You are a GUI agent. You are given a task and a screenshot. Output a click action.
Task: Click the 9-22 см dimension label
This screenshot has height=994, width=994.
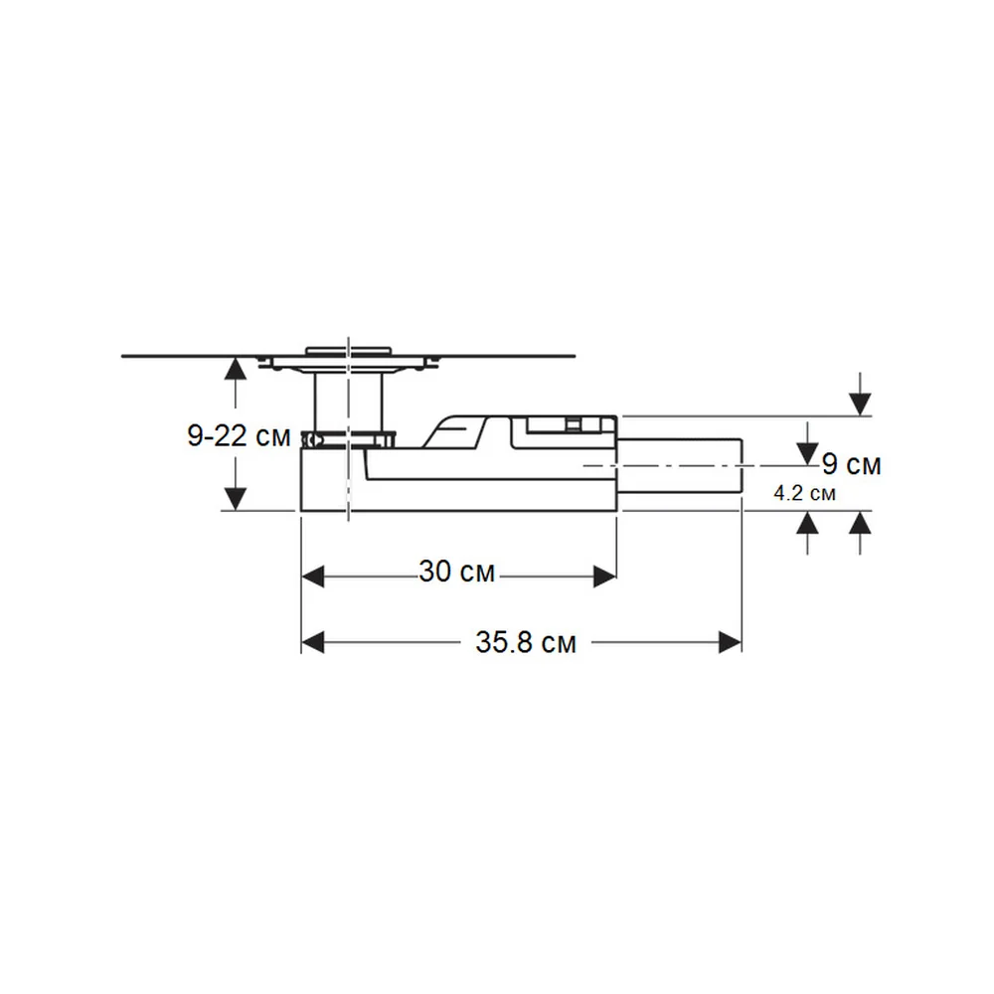tap(239, 436)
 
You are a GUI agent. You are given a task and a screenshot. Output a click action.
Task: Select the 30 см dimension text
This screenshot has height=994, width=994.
tap(456, 572)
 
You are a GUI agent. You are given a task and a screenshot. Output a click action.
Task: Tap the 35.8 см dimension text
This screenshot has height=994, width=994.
tap(526, 643)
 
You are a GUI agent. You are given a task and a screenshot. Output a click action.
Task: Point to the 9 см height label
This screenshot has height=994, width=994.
tap(852, 464)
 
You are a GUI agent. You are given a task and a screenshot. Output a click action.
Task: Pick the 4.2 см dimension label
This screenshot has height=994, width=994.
tap(804, 493)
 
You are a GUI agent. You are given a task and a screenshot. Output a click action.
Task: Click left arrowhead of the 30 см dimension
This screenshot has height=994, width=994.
tap(313, 577)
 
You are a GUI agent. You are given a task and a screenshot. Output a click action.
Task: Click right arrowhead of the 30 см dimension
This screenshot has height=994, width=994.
tap(604, 577)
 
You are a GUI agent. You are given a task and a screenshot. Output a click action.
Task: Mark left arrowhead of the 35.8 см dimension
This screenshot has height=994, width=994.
tap(313, 643)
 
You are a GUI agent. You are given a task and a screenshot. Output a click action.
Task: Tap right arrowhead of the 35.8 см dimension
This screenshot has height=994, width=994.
tap(730, 643)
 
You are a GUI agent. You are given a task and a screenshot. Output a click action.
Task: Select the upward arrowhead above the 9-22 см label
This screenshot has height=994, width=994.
tap(236, 369)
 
